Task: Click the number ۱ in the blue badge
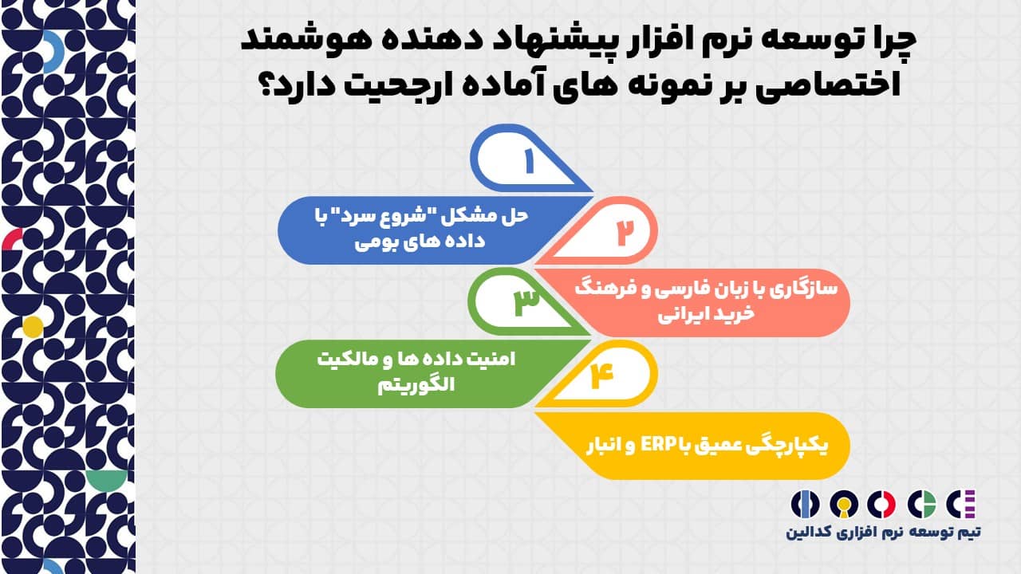click(529, 161)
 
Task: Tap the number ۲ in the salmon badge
click(625, 233)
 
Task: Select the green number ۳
click(526, 302)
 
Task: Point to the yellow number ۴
click(601, 375)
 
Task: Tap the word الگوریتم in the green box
click(416, 385)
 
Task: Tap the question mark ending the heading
click(269, 82)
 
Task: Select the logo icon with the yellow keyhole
click(844, 505)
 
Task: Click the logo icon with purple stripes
click(961, 505)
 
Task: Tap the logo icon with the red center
click(881, 505)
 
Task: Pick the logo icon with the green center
click(921, 505)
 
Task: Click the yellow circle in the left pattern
click(33, 327)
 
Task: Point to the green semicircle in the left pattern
click(106, 480)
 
